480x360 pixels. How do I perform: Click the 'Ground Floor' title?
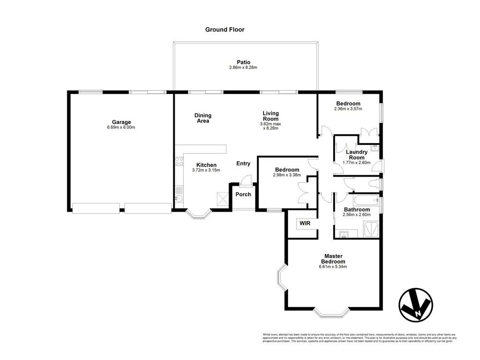click(225, 30)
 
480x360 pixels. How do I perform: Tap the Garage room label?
click(121, 122)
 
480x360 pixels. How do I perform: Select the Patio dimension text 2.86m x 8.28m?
click(243, 68)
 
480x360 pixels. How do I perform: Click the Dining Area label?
click(203, 118)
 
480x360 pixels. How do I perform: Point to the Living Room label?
click(271, 116)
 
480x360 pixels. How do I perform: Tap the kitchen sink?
click(178, 198)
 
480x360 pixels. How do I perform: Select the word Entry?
click(243, 164)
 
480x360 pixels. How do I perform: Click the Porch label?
click(243, 194)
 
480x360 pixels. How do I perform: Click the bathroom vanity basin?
click(344, 235)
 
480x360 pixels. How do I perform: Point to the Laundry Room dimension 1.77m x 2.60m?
click(357, 163)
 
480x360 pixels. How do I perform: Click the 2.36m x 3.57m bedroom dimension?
click(348, 109)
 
